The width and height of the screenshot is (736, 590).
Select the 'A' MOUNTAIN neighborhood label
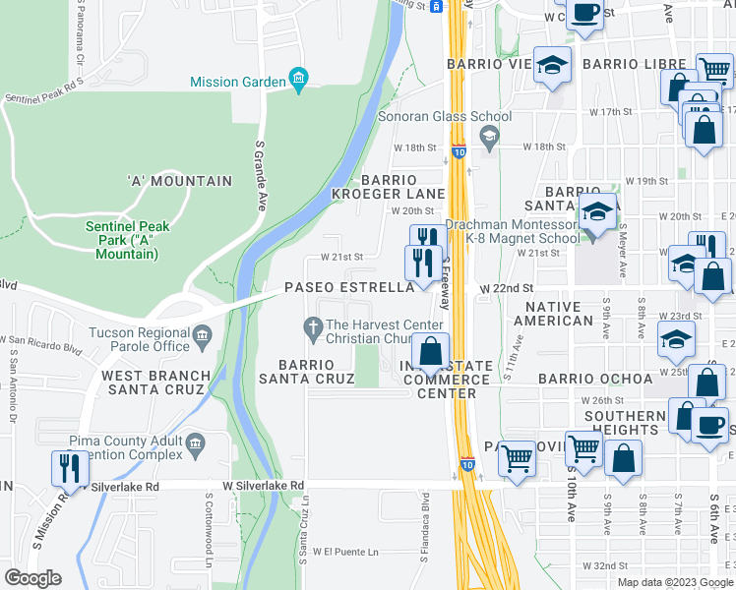(x=179, y=181)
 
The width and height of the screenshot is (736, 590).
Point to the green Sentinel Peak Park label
(x=127, y=240)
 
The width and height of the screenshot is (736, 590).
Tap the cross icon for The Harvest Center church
(x=314, y=326)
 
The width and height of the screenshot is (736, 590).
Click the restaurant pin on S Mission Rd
(x=68, y=468)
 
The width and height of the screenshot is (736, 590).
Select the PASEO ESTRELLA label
(x=349, y=288)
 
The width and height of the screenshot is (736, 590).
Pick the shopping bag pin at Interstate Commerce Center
(x=430, y=350)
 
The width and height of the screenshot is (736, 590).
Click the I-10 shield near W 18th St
(x=460, y=152)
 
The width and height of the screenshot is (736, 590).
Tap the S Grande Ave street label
(x=262, y=175)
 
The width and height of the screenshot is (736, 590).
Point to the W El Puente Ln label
(x=345, y=552)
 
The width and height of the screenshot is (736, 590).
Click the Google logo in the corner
(x=31, y=577)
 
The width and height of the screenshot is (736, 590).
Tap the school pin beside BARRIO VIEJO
(x=553, y=66)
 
